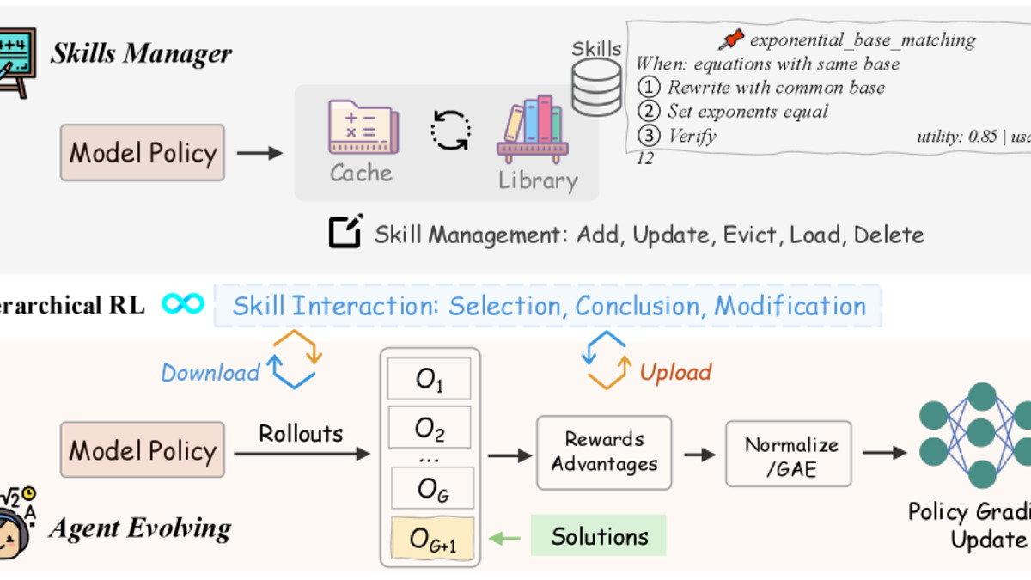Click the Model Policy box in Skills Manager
point(143,152)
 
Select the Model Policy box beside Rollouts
point(143,449)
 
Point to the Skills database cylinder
point(596,87)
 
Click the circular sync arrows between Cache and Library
point(450,131)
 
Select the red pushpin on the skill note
point(732,39)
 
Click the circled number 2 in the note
point(650,111)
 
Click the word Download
point(210,372)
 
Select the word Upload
point(675,372)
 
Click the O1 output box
point(429,379)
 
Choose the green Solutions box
point(599,537)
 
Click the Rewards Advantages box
point(604,452)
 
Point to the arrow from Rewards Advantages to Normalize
point(699,454)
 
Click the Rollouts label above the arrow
point(301,433)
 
